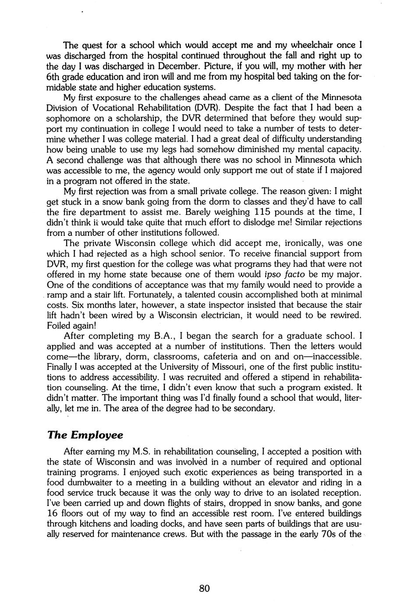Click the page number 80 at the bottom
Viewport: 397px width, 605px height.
pos(204,588)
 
